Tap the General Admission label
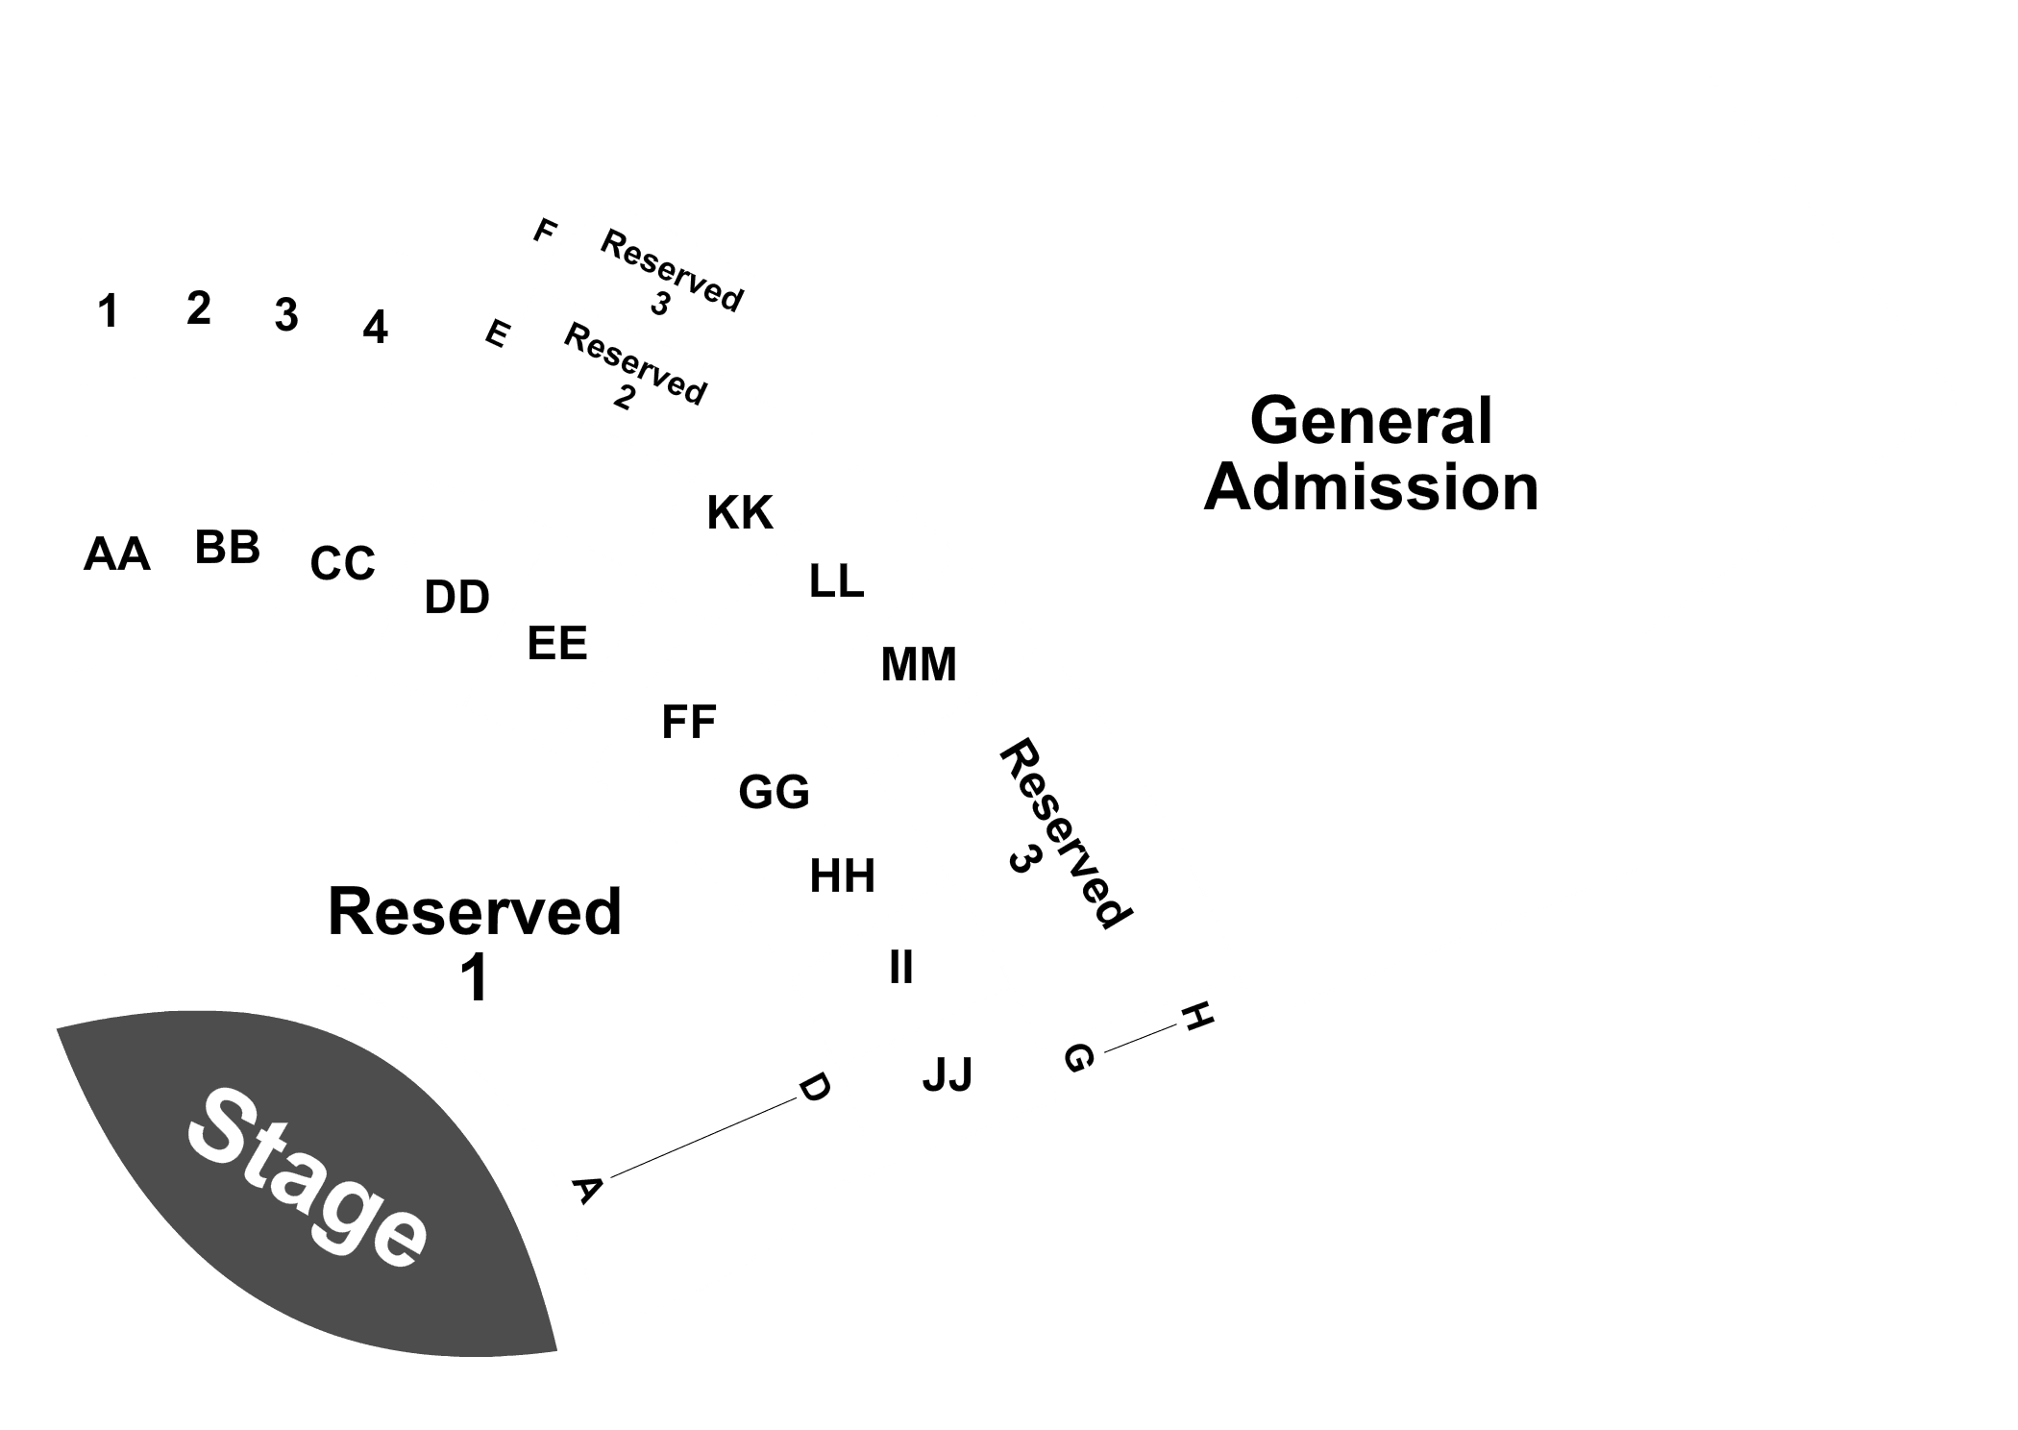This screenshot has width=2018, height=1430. pos(1371,454)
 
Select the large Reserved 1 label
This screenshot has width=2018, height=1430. pos(475,944)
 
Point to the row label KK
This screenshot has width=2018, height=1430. pos(740,513)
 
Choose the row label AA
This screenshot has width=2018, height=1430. pos(117,555)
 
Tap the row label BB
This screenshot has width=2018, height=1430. pos(228,548)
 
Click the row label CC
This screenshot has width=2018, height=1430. pos(342,563)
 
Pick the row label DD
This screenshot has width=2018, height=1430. pos(457,598)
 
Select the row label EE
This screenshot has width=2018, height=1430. pos(557,643)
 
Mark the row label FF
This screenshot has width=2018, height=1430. pos(689,722)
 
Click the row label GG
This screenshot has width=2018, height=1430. pos(775,792)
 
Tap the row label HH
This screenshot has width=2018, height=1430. pos(843,876)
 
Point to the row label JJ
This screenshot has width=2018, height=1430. pos(947,1074)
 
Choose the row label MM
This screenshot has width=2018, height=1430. pos(919,664)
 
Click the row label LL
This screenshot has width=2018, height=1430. pos(837,581)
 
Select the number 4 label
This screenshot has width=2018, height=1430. pos(376,328)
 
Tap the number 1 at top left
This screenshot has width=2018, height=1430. pos(108,311)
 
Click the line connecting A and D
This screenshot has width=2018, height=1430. pos(698,1139)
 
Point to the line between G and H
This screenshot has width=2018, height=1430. pos(1141,1039)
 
